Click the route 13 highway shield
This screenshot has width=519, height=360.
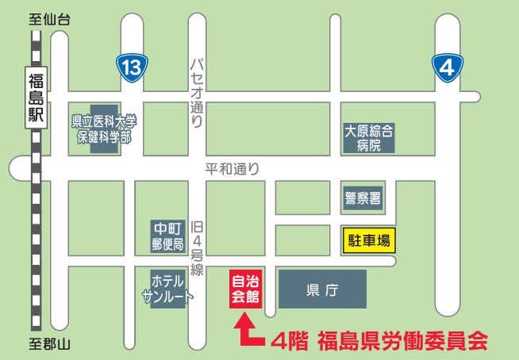(x=131, y=67)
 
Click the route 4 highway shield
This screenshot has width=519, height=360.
(x=447, y=67)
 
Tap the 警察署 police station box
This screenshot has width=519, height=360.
(x=363, y=197)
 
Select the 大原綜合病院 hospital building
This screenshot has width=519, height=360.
(x=368, y=137)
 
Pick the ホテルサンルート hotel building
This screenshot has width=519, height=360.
(x=167, y=289)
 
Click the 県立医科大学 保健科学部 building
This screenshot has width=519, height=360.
(x=104, y=128)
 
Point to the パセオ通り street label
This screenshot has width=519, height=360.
(x=198, y=94)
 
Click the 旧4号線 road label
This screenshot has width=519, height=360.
(x=198, y=247)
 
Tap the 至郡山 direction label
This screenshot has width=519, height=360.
(x=49, y=343)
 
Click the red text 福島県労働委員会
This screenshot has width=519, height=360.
(x=401, y=342)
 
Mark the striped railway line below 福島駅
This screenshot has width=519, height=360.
(x=36, y=238)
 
